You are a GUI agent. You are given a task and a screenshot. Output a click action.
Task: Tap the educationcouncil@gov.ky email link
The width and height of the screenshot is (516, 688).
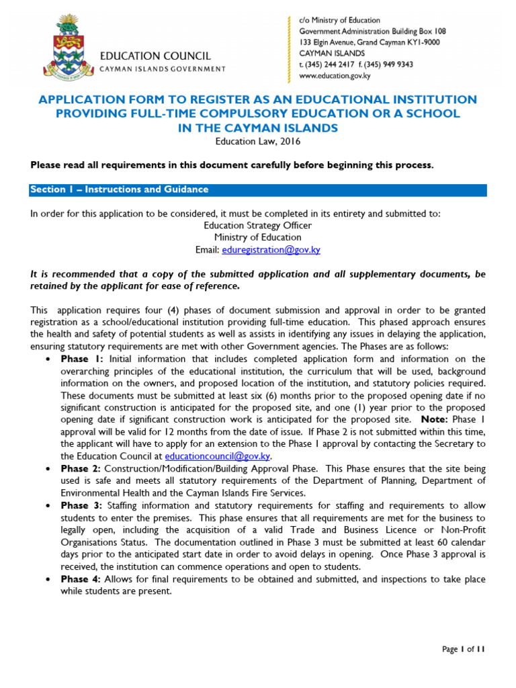pos(222,455)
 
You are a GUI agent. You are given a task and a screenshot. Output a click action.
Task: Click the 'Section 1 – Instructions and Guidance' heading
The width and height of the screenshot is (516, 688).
pos(119,189)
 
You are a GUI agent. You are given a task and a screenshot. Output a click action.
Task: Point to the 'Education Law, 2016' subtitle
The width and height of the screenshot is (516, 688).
pos(257,141)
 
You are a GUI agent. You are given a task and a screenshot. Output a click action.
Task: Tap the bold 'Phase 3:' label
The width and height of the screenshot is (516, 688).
pos(81,506)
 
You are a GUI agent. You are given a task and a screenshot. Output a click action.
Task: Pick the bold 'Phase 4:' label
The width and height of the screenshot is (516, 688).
pos(81,579)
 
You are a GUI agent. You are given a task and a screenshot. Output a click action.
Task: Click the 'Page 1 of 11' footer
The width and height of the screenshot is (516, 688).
pos(463,649)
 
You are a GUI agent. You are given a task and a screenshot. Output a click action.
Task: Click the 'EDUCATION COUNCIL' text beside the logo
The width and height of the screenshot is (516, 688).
pos(155,56)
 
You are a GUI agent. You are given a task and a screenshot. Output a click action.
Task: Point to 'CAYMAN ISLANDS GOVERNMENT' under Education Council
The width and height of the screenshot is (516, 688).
pos(163,69)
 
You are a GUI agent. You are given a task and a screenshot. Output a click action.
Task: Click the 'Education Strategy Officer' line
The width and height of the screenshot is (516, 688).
pos(257,226)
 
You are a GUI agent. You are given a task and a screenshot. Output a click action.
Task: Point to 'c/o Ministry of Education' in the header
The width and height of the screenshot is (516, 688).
pos(339,20)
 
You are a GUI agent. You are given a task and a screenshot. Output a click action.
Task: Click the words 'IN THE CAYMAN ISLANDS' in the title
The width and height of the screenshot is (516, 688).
pos(257,128)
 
